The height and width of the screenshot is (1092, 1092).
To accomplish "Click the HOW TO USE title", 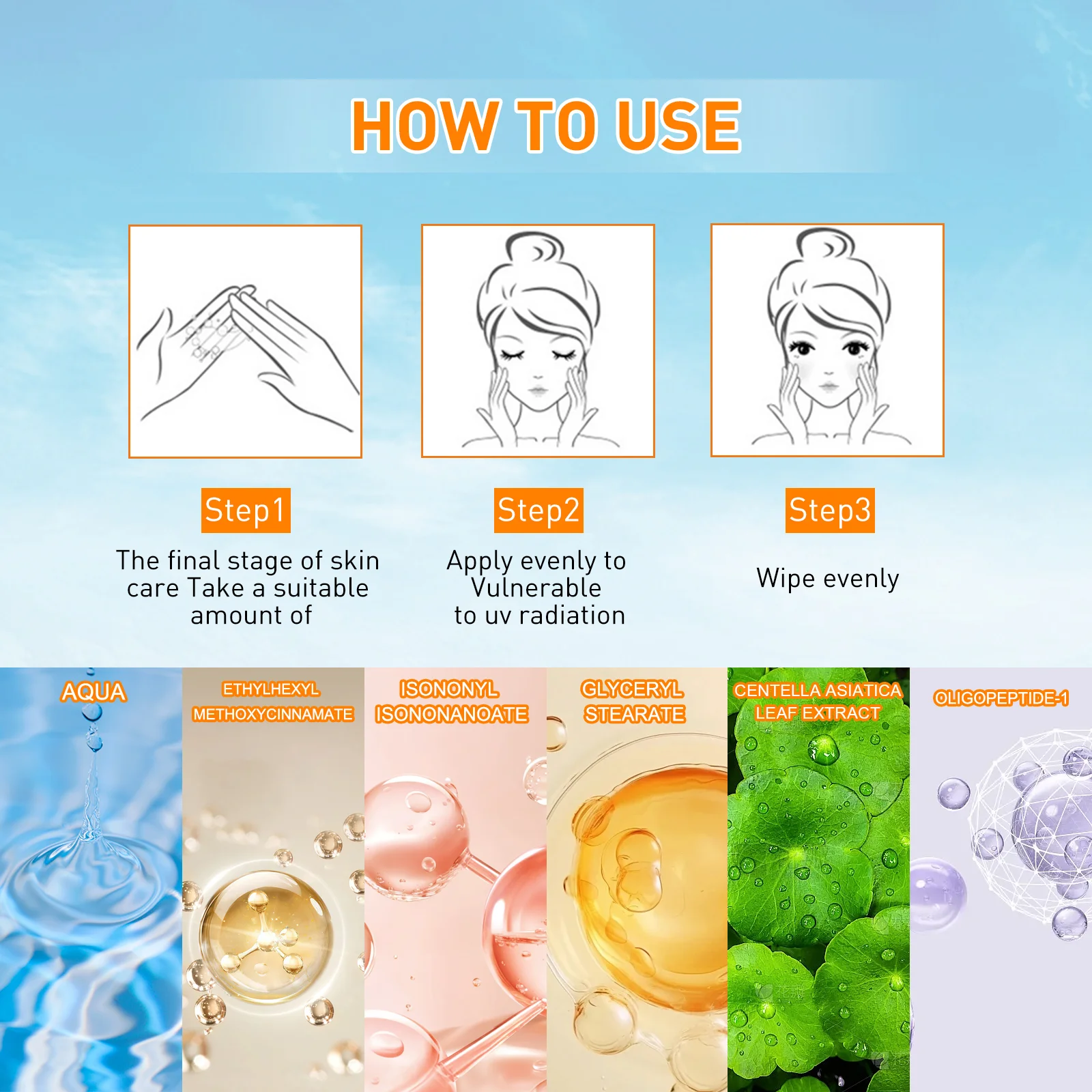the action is point(545,126).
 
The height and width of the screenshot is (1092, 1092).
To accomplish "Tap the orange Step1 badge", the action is point(246,510).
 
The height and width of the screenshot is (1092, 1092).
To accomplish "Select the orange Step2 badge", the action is point(539,510).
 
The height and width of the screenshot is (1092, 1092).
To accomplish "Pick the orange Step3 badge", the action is point(830,510).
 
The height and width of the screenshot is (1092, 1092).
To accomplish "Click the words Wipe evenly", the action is point(828,579).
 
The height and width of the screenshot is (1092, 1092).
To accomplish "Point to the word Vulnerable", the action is point(536,588).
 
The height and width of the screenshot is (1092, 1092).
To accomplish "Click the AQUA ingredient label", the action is point(94,692).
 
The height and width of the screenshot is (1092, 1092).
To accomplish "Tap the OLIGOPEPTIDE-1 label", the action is point(1001,698).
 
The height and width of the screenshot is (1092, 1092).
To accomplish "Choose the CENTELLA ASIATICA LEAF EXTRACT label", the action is point(818,702).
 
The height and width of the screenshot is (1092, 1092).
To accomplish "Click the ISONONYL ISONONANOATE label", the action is point(451,702).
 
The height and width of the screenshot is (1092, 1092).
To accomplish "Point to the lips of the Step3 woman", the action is point(829,386).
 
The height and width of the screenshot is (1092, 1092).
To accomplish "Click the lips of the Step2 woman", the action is point(538,390).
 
